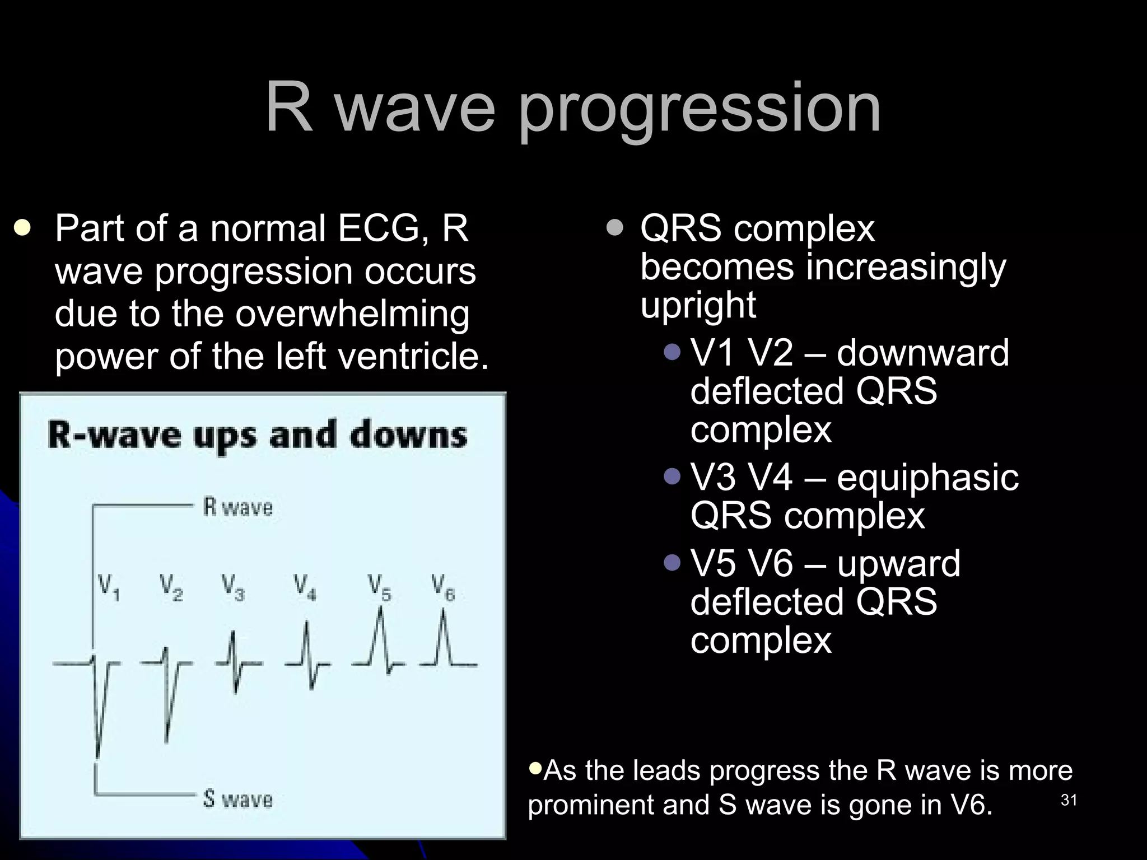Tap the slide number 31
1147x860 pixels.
[1069, 800]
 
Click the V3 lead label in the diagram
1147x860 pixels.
[233, 587]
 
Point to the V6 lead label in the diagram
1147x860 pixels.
[443, 587]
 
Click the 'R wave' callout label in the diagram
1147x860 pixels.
[237, 507]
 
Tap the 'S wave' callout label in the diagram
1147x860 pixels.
[237, 798]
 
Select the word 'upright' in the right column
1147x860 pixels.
[698, 306]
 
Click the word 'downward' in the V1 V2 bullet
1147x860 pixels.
[923, 353]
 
